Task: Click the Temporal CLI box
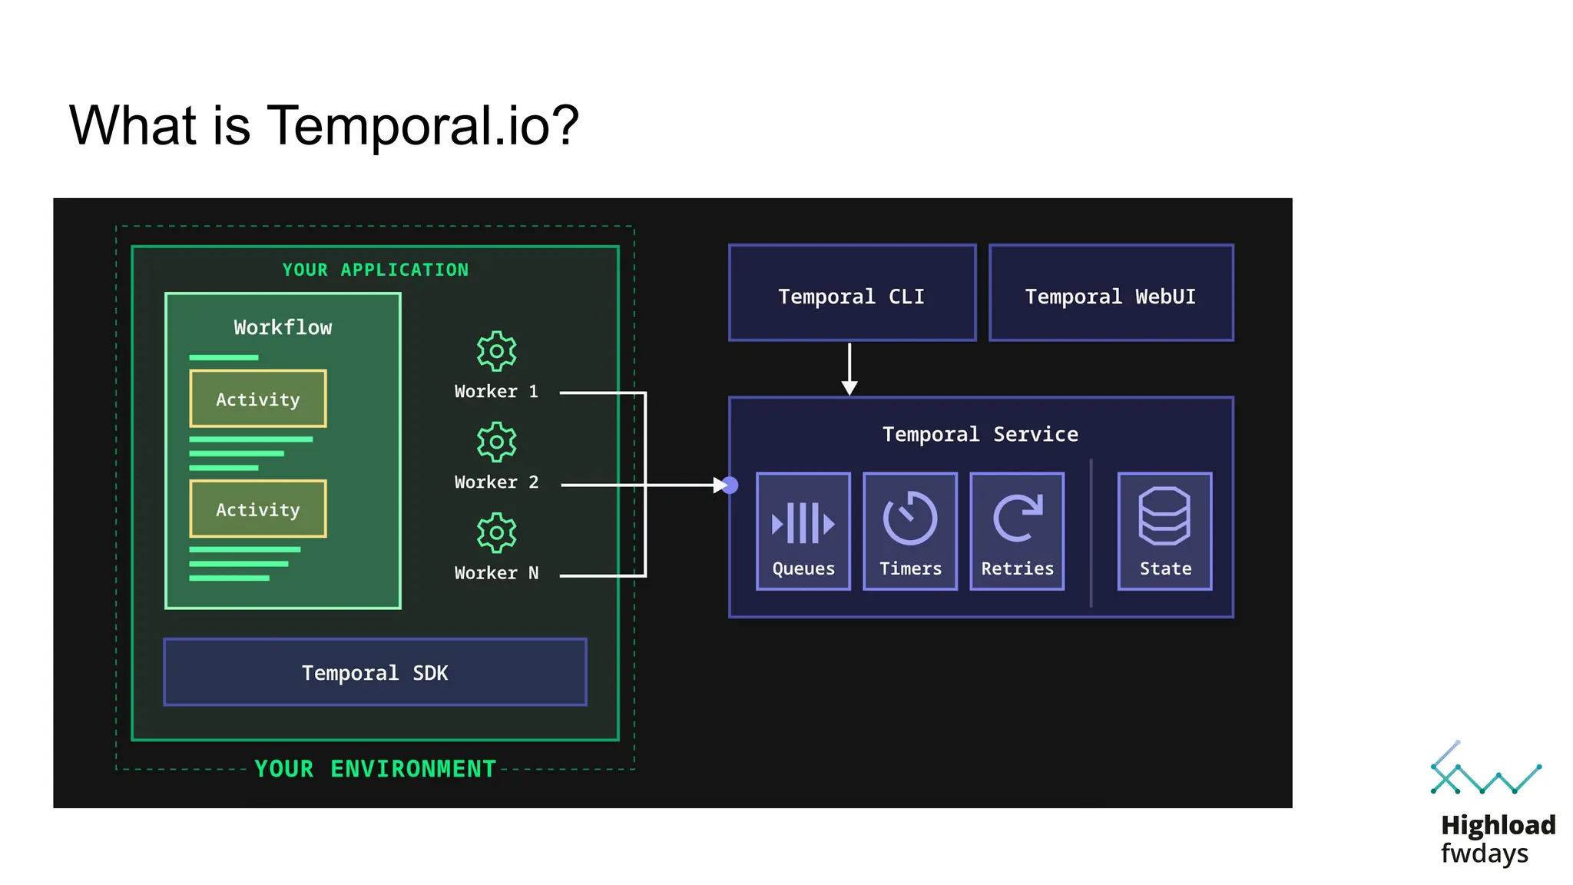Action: coord(852,293)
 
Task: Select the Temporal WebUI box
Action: coord(1111,293)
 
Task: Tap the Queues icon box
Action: coord(803,531)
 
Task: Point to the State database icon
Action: coord(1164,516)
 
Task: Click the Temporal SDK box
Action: coord(375,672)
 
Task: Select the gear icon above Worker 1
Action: coord(496,352)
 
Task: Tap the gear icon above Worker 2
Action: coord(496,442)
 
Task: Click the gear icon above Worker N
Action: coord(496,533)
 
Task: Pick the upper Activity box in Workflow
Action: coord(258,399)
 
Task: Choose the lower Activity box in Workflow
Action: coord(258,509)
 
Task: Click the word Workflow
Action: coord(283,327)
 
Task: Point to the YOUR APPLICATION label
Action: coord(375,270)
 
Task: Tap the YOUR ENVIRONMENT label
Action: coord(375,768)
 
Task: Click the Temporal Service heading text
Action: coord(980,434)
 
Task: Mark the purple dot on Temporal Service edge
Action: coord(730,485)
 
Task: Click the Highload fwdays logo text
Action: coord(1497,839)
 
